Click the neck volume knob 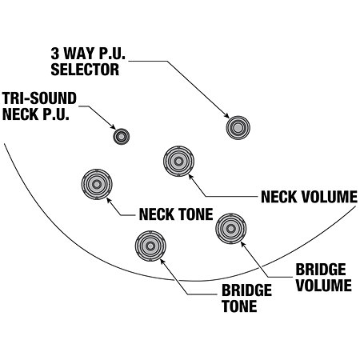coord(178,161)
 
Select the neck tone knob coord(97,184)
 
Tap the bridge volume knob coord(231,229)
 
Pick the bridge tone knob coord(150,246)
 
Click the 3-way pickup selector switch coord(238,128)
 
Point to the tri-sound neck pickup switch coord(122,137)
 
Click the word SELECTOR coord(85,70)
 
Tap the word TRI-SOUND coord(39,98)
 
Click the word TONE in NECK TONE coord(196,214)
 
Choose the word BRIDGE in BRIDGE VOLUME coord(321,270)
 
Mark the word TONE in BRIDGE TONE coord(239,306)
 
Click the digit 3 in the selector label coord(55,54)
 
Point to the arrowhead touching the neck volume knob coord(190,177)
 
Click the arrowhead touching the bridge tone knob coord(162,262)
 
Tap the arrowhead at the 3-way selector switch coord(226,115)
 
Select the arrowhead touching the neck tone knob coord(109,200)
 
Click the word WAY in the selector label coord(79,54)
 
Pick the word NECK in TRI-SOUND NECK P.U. coord(20,114)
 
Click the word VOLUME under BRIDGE coord(324,285)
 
